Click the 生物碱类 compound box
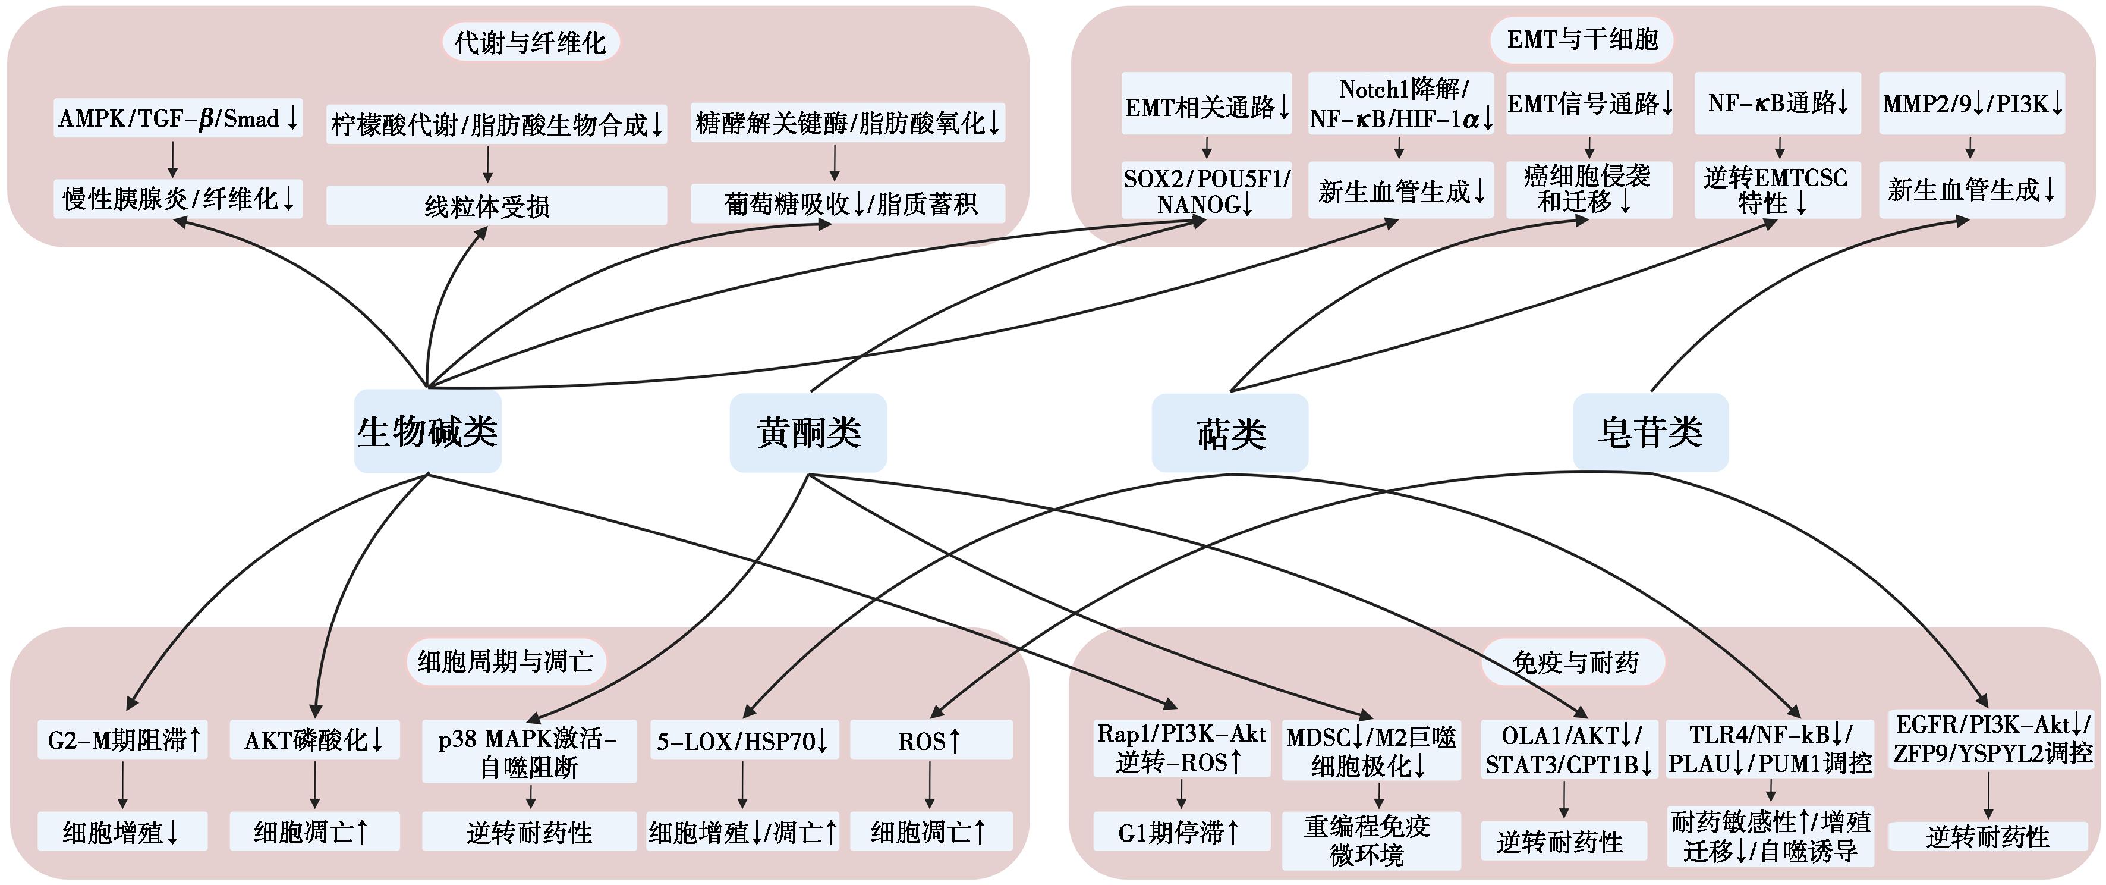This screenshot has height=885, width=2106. pyautogui.click(x=427, y=431)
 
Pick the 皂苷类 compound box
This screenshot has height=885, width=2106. pyautogui.click(x=1651, y=432)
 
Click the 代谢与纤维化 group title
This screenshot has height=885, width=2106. pyautogui.click(x=531, y=43)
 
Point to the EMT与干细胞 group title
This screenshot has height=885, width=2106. pyautogui.click(x=1582, y=39)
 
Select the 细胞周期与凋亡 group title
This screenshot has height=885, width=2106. pyautogui.click(x=506, y=661)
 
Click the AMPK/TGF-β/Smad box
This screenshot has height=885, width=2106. pyautogui.click(x=177, y=118)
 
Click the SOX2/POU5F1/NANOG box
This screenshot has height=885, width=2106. pyautogui.click(x=1207, y=190)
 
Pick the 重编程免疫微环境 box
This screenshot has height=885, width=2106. pyautogui.click(x=1371, y=840)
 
